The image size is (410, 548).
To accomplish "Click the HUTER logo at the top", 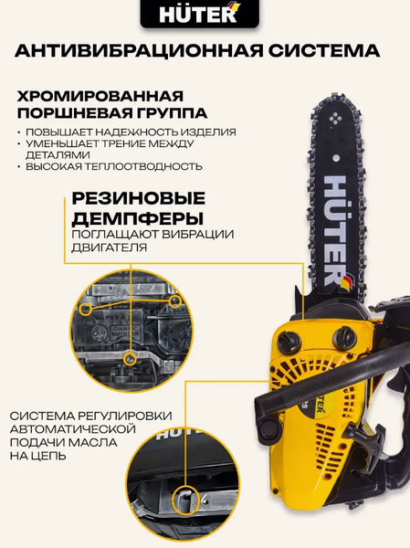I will pos(205,16).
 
